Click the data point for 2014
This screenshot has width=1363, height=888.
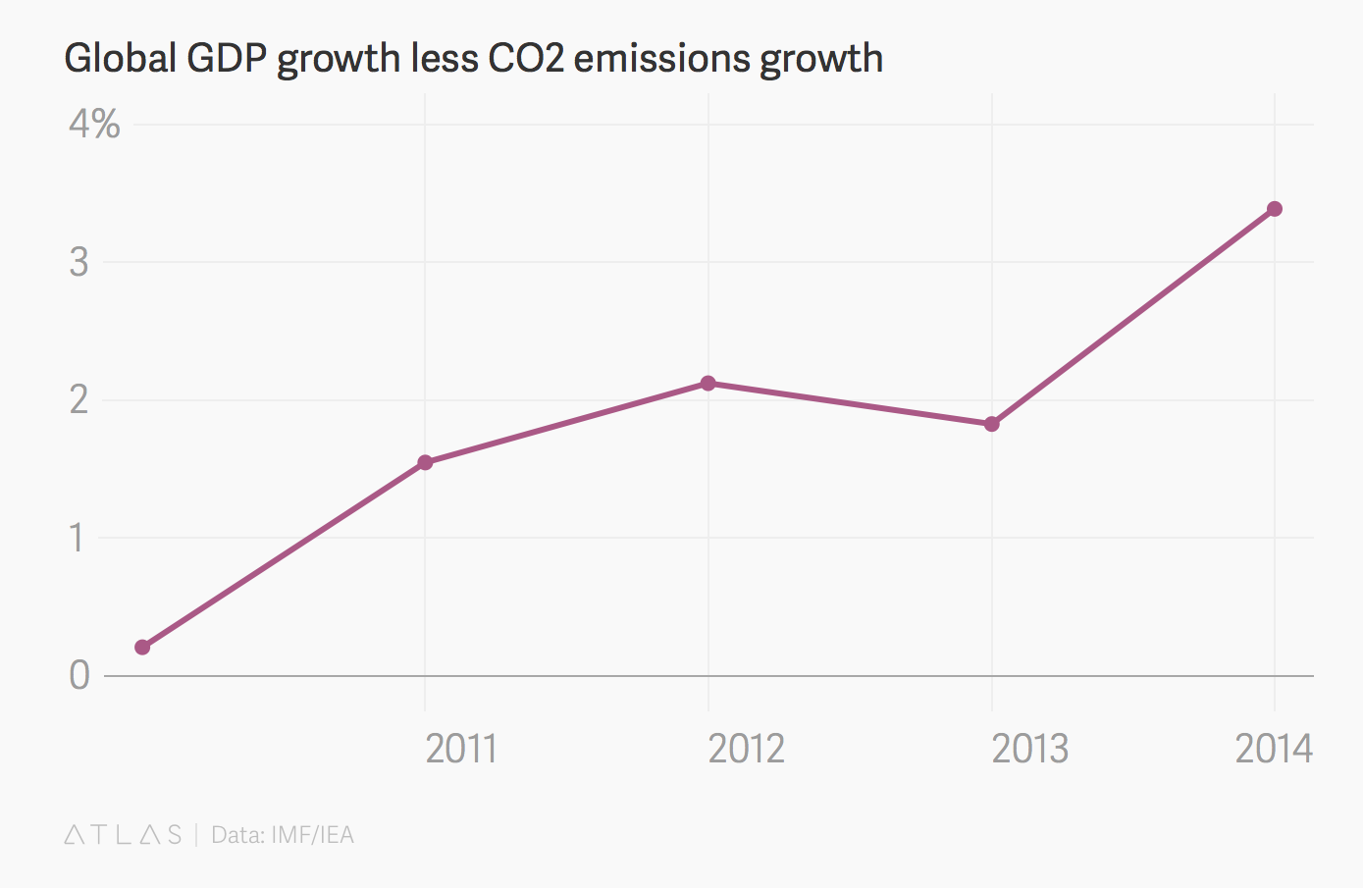tap(1274, 209)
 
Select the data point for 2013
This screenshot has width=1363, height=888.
tap(991, 424)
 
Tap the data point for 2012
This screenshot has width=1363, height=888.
tap(708, 383)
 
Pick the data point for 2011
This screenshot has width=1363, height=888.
tap(425, 462)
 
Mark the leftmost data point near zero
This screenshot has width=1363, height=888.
tap(142, 647)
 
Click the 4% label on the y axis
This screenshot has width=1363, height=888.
tap(94, 125)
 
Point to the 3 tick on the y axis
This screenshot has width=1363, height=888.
tap(79, 262)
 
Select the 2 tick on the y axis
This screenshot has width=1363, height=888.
tap(79, 399)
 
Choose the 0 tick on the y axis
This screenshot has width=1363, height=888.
tap(79, 675)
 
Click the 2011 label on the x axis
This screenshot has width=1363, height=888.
tap(461, 749)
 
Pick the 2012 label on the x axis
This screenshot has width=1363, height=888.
tap(746, 749)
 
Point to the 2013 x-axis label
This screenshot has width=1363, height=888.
tap(1029, 749)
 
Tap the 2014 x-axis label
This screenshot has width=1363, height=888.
tap(1273, 749)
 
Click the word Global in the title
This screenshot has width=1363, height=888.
tap(120, 59)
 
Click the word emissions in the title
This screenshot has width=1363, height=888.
tap(662, 59)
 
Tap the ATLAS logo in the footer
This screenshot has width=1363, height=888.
tap(123, 835)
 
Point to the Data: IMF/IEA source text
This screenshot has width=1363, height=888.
tap(283, 835)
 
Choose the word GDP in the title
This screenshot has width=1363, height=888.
tap(227, 59)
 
